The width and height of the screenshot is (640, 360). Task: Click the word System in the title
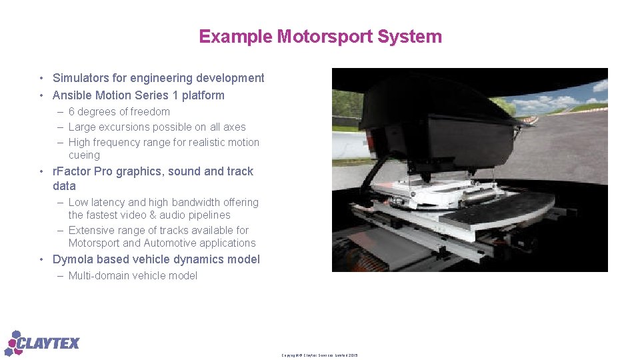click(409, 37)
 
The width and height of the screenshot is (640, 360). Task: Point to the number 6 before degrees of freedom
click(71, 112)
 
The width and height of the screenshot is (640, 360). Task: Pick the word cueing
click(84, 155)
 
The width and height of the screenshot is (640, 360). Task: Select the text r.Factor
click(71, 171)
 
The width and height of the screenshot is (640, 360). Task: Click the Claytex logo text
click(51, 344)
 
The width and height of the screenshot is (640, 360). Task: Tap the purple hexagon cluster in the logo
click(13, 343)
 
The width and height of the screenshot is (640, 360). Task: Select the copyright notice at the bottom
click(319, 355)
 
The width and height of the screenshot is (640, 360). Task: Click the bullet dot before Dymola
click(41, 259)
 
